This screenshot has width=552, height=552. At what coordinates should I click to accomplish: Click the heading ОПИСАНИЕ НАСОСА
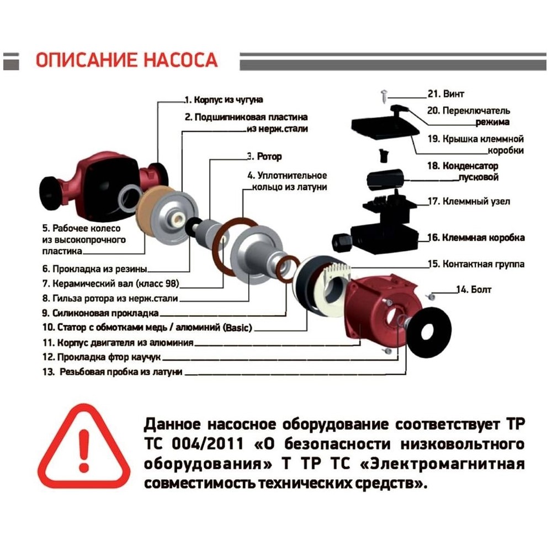126,60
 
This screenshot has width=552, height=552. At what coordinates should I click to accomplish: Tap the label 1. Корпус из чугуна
223,100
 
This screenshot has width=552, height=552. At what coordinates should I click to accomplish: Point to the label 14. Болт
473,289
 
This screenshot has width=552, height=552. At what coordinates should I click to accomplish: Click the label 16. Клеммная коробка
476,238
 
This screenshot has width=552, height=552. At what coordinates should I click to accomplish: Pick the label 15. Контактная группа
476,264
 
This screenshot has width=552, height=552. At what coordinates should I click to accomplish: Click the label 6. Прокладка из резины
95,269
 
